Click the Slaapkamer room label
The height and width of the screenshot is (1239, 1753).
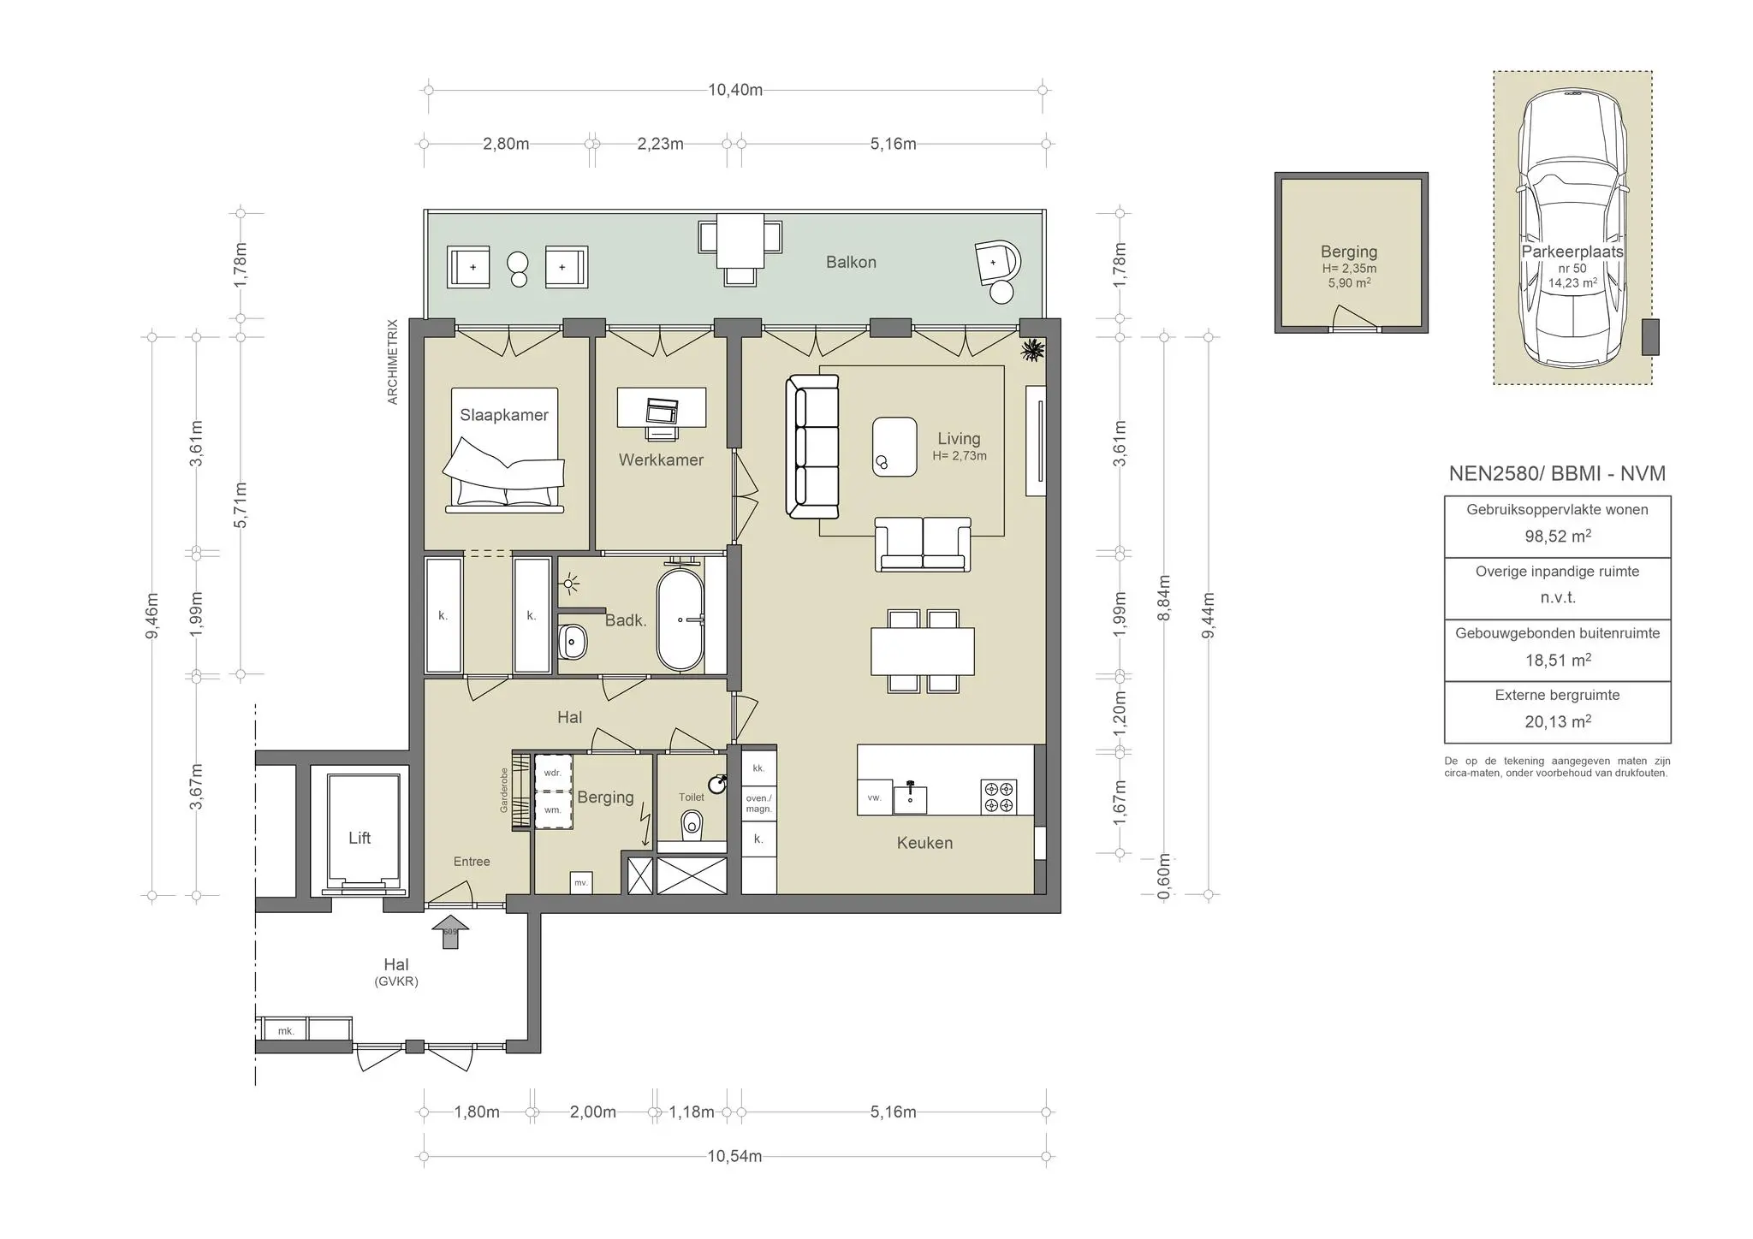click(x=504, y=415)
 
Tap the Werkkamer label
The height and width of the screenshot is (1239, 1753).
click(x=661, y=459)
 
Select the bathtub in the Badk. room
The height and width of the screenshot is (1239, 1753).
click(x=680, y=619)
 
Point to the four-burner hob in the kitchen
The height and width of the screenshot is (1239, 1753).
click(x=999, y=797)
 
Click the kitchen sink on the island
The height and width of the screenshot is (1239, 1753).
click(x=910, y=797)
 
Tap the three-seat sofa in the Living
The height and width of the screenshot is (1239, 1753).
click(x=812, y=447)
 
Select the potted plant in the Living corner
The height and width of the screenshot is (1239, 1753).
click(x=1034, y=349)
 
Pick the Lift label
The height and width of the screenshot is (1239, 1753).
click(x=360, y=838)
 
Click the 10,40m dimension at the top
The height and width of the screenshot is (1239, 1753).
click(x=735, y=90)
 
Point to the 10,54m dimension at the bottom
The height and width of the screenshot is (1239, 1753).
click(x=734, y=1156)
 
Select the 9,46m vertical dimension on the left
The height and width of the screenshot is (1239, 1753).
click(x=152, y=616)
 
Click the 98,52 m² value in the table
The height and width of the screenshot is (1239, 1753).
click(x=1558, y=537)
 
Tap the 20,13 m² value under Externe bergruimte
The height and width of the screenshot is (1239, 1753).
click(x=1558, y=721)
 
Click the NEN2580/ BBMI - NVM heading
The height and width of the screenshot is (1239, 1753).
click(x=1557, y=474)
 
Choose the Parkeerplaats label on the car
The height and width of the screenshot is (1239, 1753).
click(x=1572, y=252)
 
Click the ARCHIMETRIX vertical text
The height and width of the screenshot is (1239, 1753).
click(x=393, y=362)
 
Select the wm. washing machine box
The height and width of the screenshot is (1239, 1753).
click(x=553, y=809)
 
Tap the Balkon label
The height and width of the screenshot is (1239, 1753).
click(x=851, y=262)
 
